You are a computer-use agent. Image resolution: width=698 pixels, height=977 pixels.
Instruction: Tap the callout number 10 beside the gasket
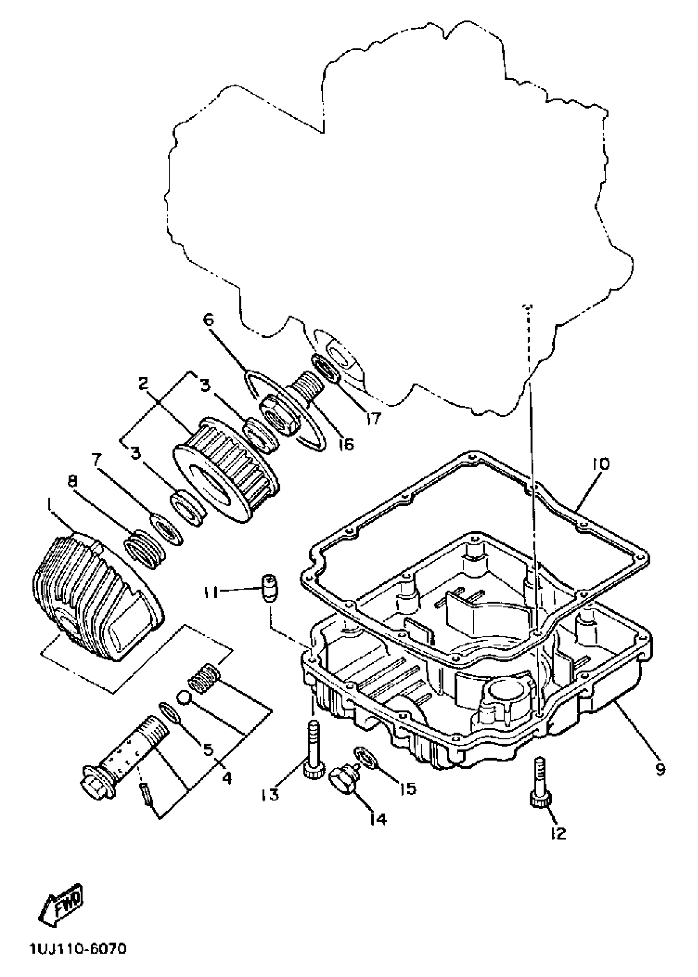[600, 464]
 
